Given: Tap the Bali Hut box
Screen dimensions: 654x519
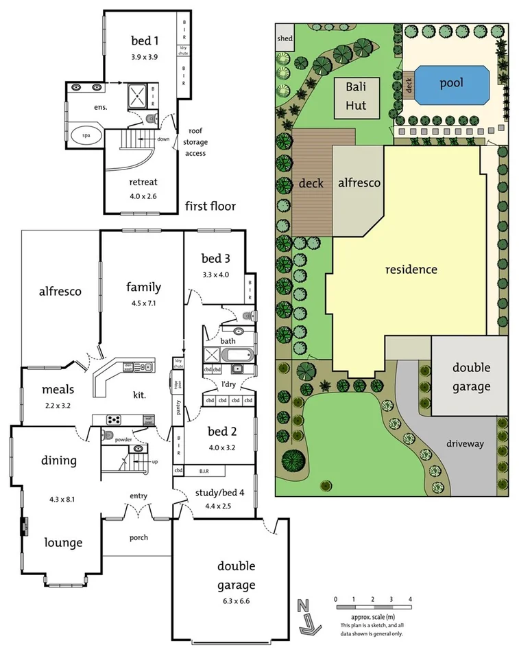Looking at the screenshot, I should tap(356, 95).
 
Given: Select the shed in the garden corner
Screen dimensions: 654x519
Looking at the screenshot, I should tap(284, 38).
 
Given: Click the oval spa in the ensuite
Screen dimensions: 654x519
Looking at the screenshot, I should tap(86, 135).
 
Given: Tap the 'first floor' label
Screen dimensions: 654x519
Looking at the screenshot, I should tap(210, 206).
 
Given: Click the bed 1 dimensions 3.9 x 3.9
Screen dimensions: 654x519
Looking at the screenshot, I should tap(144, 57).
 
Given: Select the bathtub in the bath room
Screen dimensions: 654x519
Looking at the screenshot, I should tap(237, 355).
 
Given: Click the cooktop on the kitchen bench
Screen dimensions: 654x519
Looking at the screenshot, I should tap(114, 419).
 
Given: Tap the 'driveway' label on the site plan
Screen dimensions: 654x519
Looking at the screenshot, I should tap(466, 443).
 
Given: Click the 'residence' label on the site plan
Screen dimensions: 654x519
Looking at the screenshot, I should tap(411, 269).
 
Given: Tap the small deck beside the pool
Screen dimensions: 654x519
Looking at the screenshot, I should tap(408, 84).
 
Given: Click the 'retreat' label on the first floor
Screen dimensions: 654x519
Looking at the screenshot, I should tap(143, 182).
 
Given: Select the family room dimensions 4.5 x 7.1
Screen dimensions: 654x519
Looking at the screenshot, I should tap(143, 303).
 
